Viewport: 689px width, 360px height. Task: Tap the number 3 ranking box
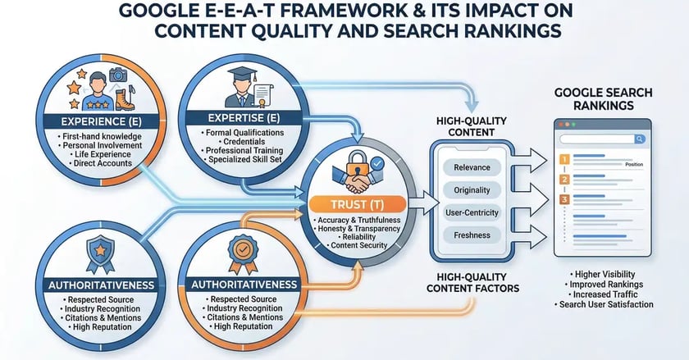(x=563, y=198)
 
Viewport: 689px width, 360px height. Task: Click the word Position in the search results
(x=633, y=164)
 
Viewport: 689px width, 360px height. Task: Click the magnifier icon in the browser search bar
(x=639, y=139)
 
